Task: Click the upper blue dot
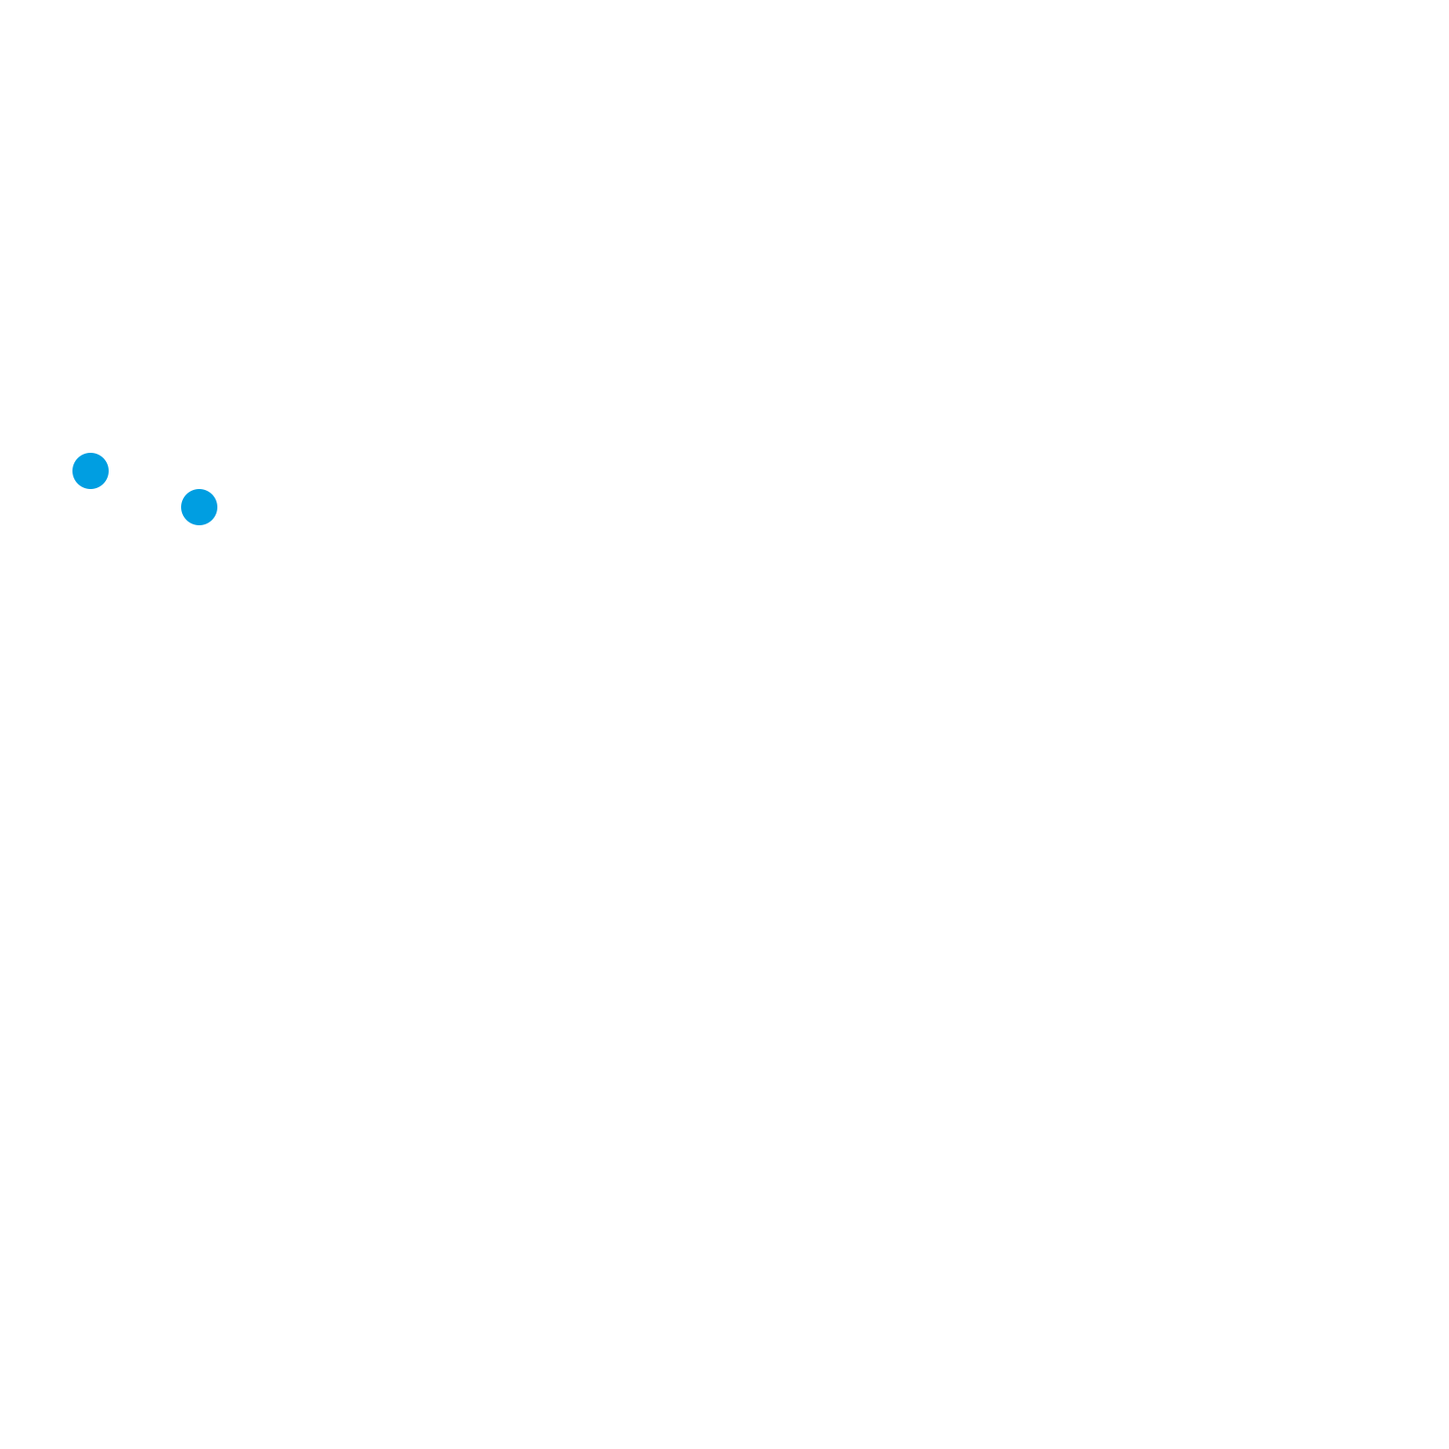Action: coord(91,471)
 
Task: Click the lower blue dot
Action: coord(199,507)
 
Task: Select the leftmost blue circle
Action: coord(91,471)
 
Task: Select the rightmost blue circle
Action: coord(199,507)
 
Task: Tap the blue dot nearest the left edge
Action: coord(91,471)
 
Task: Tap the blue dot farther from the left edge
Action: coord(199,507)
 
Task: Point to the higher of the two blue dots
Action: coord(91,471)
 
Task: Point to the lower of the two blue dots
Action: coord(199,507)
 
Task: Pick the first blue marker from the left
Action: coord(91,471)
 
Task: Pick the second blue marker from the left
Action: coord(199,507)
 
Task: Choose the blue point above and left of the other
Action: coord(91,471)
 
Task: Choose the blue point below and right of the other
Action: coord(199,507)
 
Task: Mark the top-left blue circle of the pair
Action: coord(91,471)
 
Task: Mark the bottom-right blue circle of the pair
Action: coord(199,507)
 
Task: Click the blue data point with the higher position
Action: coord(91,471)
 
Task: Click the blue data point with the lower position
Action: coord(199,507)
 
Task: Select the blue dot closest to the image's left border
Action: coord(91,471)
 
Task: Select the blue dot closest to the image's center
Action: coord(199,507)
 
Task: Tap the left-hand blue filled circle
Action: coord(91,471)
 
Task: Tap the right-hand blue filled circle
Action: coord(199,507)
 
